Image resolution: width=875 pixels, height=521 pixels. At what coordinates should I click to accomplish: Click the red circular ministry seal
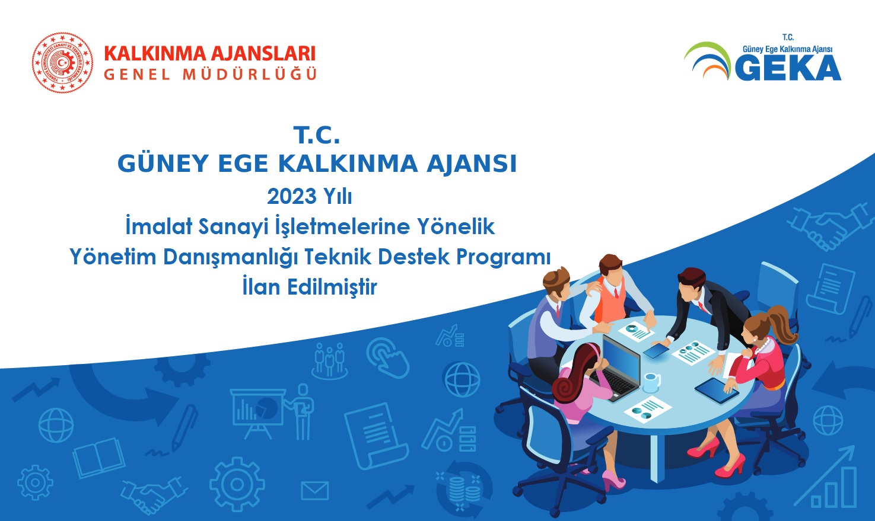[62, 62]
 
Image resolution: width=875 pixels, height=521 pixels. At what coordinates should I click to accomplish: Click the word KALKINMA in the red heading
[155, 54]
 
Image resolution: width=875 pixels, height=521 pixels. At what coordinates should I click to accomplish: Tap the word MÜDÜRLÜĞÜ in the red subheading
[250, 74]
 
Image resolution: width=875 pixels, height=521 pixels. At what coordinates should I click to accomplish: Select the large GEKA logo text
[788, 68]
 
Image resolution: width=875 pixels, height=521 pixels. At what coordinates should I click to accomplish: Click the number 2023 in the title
[291, 196]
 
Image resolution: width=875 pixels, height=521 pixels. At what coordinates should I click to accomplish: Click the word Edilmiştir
[332, 287]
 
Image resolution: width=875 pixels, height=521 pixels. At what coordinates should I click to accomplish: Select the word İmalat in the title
[158, 226]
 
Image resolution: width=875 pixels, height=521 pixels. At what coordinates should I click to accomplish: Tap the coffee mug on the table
[651, 382]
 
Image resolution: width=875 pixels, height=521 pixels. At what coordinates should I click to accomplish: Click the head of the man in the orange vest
[610, 268]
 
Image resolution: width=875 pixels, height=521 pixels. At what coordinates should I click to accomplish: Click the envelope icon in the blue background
[315, 490]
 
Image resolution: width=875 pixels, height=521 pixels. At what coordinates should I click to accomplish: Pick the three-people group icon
[330, 360]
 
